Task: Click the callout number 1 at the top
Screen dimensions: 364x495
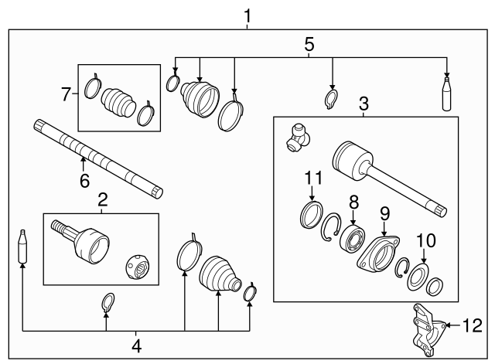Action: (247, 15)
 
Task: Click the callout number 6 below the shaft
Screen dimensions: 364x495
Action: (83, 181)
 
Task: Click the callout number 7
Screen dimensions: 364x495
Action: (67, 94)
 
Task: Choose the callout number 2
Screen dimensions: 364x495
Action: (101, 201)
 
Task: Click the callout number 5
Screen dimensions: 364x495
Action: (309, 44)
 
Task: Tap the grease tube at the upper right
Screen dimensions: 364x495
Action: (446, 95)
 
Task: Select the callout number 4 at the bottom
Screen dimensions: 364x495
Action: (136, 344)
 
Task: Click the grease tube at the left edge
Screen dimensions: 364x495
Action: (22, 246)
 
